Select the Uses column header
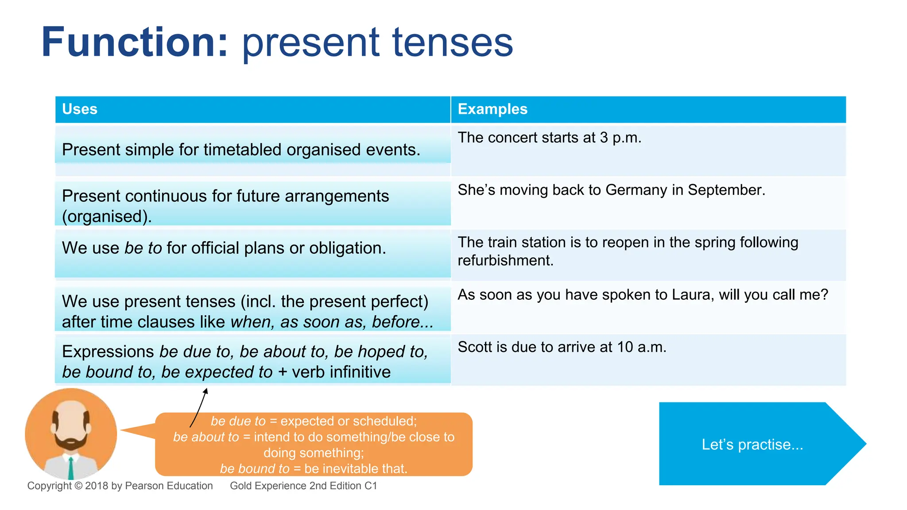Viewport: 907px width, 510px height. coord(80,109)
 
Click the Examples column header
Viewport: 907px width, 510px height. coord(492,109)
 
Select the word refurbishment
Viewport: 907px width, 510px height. coord(505,260)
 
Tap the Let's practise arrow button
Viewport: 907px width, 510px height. coord(753,444)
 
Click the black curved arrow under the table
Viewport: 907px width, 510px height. coord(199,407)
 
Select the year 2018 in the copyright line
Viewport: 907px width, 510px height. coord(97,486)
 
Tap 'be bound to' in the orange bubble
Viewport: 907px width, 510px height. coord(254,468)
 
